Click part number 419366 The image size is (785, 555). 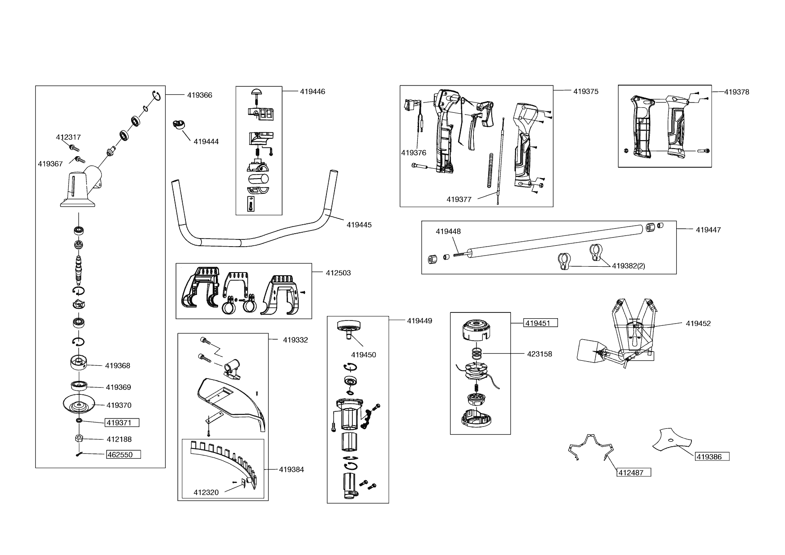coord(199,95)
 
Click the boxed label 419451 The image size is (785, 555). coord(540,323)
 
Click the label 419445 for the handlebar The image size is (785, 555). coord(359,225)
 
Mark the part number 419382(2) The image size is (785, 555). coord(628,266)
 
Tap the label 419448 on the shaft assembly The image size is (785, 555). coord(448,231)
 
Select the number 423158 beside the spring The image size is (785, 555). coord(539,354)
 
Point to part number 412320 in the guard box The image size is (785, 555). coord(206,493)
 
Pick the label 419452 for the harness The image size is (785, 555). coord(698,324)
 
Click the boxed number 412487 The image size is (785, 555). coord(633,473)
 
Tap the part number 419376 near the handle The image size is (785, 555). coord(413,153)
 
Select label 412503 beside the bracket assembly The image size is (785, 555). coord(338,273)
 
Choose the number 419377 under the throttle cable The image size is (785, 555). coord(459,200)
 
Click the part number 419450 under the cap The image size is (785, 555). coord(363,355)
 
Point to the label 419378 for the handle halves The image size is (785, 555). coord(736,92)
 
